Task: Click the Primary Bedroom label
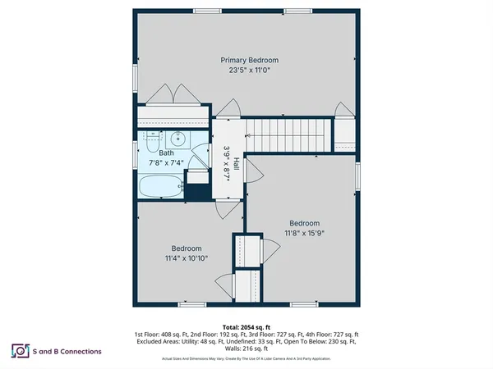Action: (x=249, y=60)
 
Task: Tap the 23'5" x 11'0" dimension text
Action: (x=249, y=71)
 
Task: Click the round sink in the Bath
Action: (x=175, y=138)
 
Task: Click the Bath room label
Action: (x=167, y=153)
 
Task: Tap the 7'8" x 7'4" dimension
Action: (x=167, y=163)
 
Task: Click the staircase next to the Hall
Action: (x=288, y=134)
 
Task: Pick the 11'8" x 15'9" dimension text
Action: (x=304, y=233)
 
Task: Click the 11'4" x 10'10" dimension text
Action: (x=187, y=258)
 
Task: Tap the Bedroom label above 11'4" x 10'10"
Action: (x=187, y=248)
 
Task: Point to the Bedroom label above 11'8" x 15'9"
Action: (x=304, y=223)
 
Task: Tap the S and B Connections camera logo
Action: (x=19, y=351)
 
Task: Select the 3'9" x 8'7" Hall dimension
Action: (x=226, y=163)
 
